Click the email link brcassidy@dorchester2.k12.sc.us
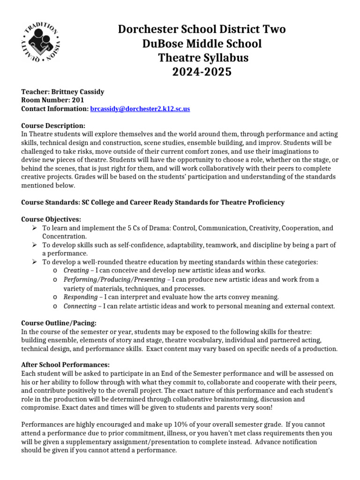(140, 109)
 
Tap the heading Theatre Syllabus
(202, 58)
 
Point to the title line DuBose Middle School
(202, 44)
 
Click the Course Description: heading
(53, 126)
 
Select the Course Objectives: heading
(52, 219)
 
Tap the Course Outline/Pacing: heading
(59, 323)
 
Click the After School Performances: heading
(66, 365)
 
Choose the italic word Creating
(75, 270)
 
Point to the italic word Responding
(80, 297)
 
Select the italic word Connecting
(80, 306)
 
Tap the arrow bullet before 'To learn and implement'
(34, 228)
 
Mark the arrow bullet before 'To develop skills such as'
(34, 245)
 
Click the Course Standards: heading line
(153, 202)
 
